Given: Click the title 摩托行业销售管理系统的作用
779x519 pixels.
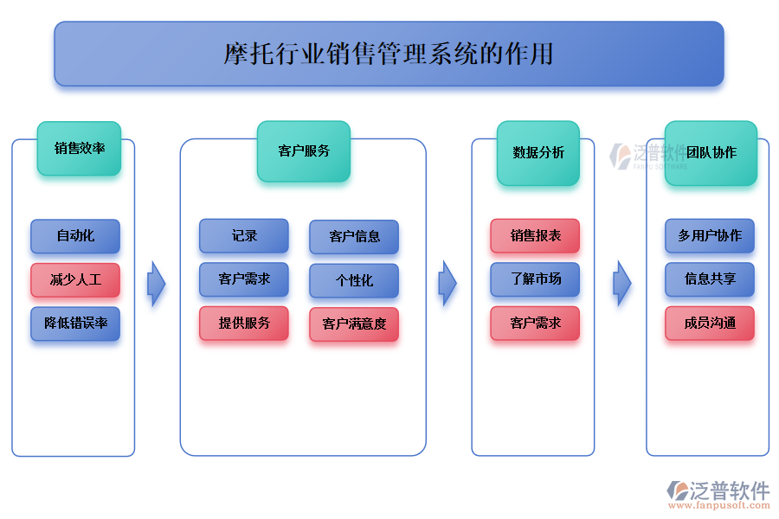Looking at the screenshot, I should (x=389, y=54).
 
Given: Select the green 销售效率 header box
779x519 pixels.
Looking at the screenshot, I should (x=79, y=148).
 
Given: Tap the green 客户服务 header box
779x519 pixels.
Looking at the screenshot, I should (x=304, y=151).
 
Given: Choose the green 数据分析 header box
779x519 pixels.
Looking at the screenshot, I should (x=538, y=152).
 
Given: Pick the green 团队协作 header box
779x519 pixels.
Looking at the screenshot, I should (x=711, y=152).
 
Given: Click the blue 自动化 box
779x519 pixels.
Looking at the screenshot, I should (x=75, y=236).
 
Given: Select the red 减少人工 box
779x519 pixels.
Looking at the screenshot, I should (x=75, y=280).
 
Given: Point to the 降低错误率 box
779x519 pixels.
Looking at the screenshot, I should (x=75, y=324).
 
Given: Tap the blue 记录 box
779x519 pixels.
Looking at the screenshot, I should (x=244, y=235).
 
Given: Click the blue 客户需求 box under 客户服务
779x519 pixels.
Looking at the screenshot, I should (x=244, y=279).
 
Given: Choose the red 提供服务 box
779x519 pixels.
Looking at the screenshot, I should (x=244, y=324).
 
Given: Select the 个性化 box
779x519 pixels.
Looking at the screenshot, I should (x=354, y=280).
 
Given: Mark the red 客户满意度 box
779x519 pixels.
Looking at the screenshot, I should (x=354, y=324).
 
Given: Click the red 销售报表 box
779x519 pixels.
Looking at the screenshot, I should (x=535, y=235).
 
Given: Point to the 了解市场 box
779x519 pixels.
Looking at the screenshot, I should (x=535, y=279).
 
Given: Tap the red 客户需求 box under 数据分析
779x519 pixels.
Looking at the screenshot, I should (x=535, y=324).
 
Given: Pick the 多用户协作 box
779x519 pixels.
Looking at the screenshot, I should (x=710, y=235).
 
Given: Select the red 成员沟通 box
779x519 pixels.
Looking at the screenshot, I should (x=710, y=324).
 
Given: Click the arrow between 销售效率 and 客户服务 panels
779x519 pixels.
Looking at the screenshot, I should (x=156, y=283).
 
